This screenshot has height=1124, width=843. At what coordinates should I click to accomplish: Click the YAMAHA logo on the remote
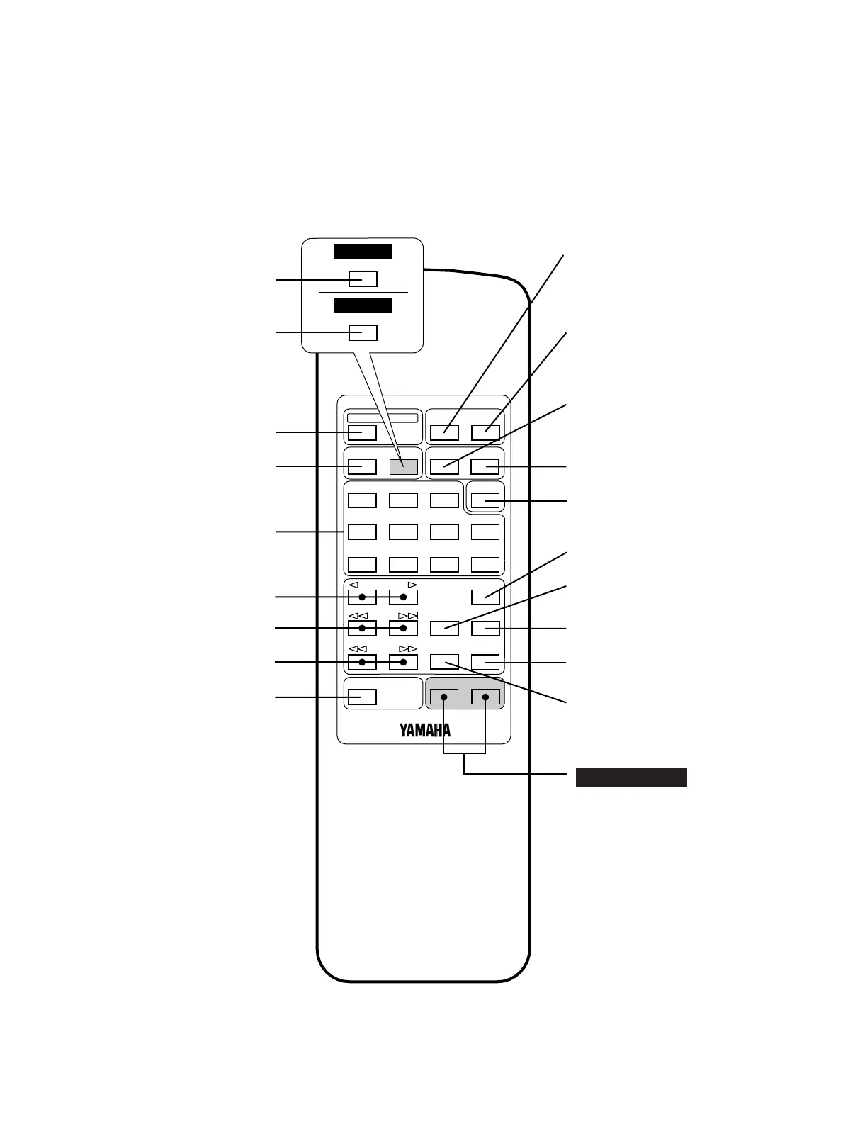(x=425, y=730)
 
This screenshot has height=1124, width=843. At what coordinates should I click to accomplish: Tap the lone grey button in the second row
(x=403, y=466)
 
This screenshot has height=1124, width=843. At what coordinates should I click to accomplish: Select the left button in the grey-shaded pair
(x=444, y=697)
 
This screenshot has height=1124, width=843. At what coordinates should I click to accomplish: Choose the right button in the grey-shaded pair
(x=485, y=697)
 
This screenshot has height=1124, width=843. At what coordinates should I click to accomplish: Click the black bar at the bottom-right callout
(x=630, y=777)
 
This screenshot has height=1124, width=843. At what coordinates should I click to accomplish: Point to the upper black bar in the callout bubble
(x=363, y=252)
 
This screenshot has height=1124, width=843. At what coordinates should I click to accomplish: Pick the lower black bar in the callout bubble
(x=363, y=305)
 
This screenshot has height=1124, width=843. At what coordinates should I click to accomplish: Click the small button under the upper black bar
(x=363, y=279)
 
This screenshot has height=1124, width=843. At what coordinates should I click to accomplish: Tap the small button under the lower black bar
(x=363, y=332)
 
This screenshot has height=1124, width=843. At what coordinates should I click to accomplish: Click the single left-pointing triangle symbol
(x=353, y=585)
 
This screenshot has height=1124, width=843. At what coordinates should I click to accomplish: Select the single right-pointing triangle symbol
(x=412, y=585)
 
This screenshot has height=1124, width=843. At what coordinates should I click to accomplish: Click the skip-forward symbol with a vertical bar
(x=408, y=616)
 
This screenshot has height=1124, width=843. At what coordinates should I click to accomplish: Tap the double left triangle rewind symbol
(x=358, y=649)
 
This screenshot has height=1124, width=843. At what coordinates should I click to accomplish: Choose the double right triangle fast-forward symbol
(x=408, y=649)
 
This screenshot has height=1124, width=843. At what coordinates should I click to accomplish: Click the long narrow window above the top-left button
(x=382, y=417)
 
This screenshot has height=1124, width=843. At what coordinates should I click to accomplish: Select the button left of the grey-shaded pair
(x=362, y=697)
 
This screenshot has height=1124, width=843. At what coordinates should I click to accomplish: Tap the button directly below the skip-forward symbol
(x=403, y=628)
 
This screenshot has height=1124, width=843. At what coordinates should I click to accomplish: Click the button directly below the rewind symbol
(x=362, y=662)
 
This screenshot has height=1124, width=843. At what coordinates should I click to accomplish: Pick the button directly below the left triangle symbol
(x=362, y=597)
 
